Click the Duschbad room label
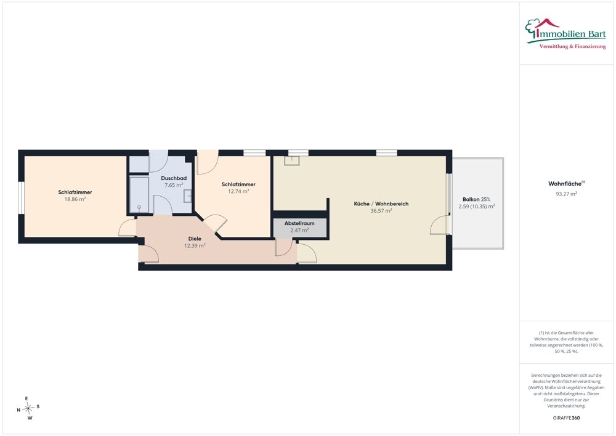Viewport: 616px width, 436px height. click(174, 178)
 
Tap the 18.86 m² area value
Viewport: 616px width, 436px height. click(75, 199)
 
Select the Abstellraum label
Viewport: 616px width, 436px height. click(299, 223)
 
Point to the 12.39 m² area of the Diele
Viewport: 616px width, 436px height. click(195, 245)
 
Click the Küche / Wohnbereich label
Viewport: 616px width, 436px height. click(381, 204)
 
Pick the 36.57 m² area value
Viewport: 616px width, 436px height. click(381, 211)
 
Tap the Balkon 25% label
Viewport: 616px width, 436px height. click(476, 199)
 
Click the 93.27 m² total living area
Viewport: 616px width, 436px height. click(566, 194)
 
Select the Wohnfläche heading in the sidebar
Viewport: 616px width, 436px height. click(566, 184)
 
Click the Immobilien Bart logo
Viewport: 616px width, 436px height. click(565, 34)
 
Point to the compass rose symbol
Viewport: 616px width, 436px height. click(28, 408)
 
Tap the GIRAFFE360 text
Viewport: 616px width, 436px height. click(566, 418)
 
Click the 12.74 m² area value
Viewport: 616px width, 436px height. click(238, 191)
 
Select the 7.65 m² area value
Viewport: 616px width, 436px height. click(174, 185)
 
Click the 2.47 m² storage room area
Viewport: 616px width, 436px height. click(299, 231)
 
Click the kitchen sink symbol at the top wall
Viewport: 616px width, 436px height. click(293, 160)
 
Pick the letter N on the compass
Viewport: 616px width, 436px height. click(18, 410)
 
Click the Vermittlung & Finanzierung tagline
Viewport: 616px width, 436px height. click(572, 47)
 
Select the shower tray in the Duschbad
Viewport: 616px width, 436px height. click(139, 195)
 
